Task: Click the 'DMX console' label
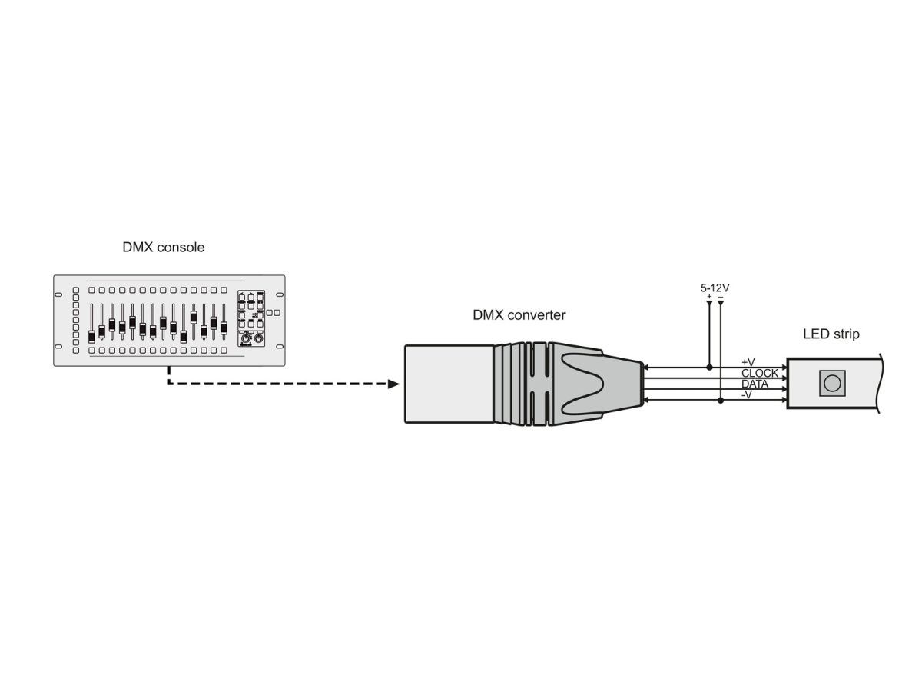[164, 247]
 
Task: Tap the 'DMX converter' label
[519, 314]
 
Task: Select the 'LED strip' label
[831, 334]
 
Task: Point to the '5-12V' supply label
[715, 288]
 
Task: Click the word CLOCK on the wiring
[760, 373]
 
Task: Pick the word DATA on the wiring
[755, 384]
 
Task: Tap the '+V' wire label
[748, 362]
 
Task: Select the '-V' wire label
[747, 394]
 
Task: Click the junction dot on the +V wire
[710, 368]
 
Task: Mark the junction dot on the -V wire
[721, 401]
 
